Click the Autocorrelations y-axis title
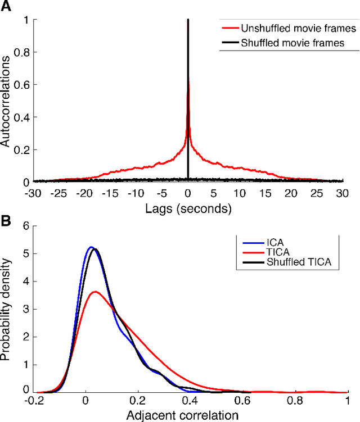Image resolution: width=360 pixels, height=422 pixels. click(x=7, y=101)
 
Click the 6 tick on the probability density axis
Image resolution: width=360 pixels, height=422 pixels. click(x=26, y=227)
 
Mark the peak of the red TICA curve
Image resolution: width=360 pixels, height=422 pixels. click(x=96, y=291)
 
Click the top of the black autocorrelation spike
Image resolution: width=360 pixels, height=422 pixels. click(x=188, y=20)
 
